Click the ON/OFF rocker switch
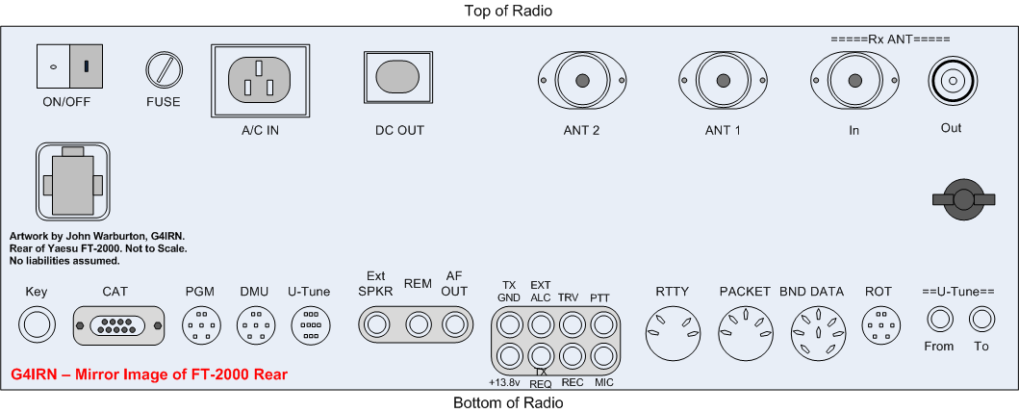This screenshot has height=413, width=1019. [x=69, y=66]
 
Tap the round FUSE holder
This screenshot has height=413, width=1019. [x=163, y=71]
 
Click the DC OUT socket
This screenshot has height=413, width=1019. [x=396, y=77]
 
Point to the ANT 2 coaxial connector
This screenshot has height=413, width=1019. [x=582, y=81]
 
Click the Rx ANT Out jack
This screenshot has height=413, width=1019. [x=952, y=82]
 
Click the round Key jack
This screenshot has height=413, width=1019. [x=38, y=324]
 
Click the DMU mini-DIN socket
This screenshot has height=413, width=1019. [x=255, y=324]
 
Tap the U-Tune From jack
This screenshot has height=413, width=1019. [x=939, y=318]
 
